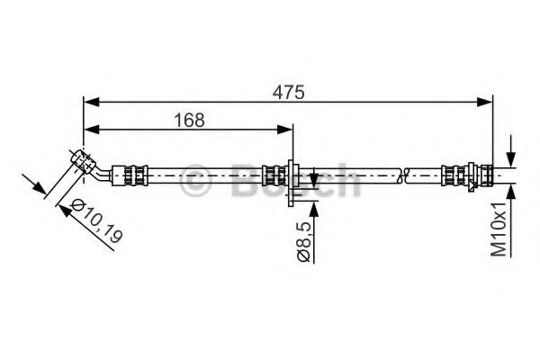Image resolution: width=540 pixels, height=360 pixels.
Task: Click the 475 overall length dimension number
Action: coord(289,91)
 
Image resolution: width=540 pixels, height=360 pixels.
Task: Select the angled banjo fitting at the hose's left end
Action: coord(84,162)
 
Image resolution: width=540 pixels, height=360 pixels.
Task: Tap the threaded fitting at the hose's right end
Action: coord(483,174)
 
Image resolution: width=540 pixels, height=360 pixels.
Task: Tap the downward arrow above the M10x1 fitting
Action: coord(511,155)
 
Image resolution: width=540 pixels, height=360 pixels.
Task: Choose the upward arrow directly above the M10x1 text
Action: coord(511,192)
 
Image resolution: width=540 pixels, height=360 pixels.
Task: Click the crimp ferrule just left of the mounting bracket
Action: coord(271,174)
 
